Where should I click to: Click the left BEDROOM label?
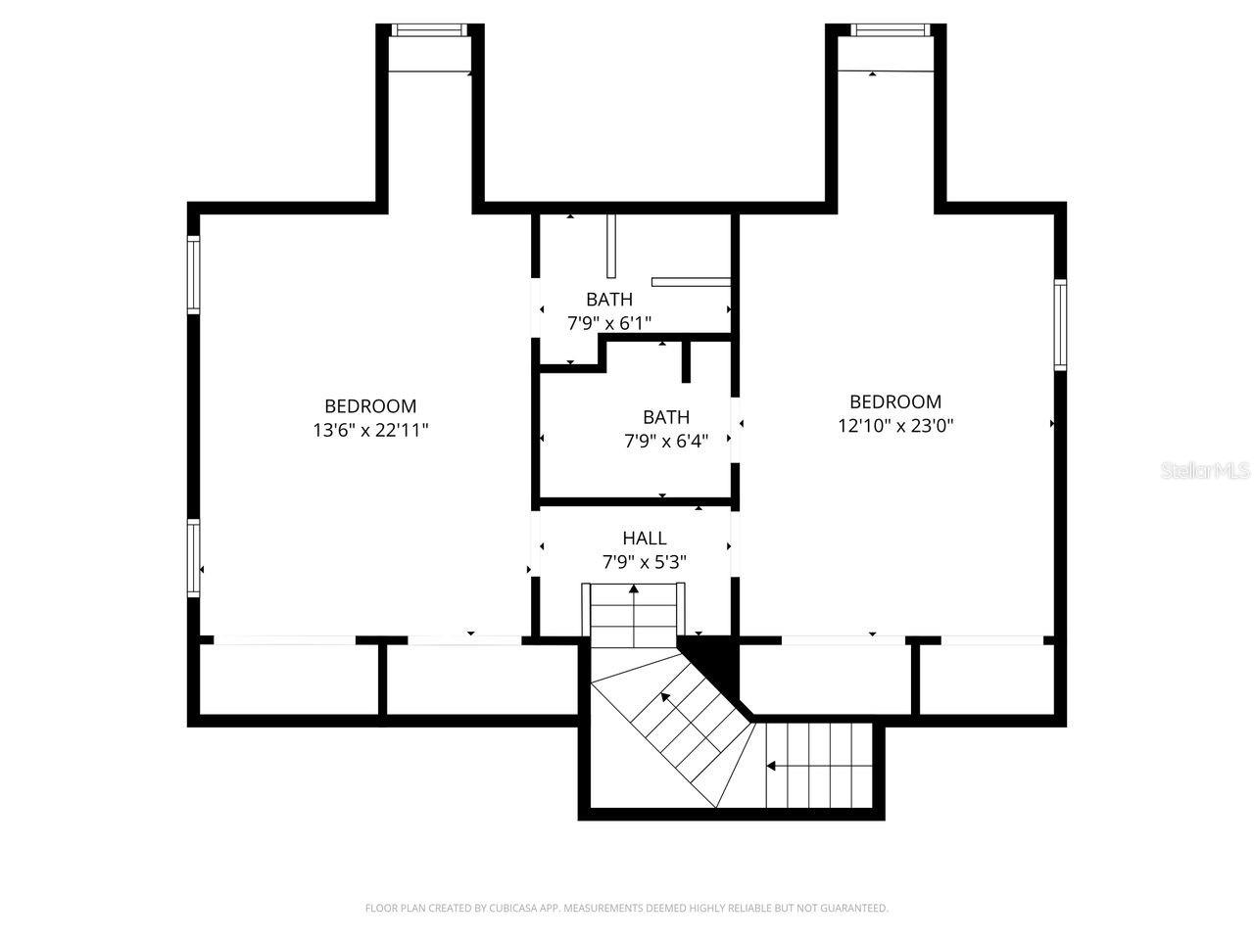coord(370,405)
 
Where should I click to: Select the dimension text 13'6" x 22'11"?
coord(370,430)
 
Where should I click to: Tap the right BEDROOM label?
coord(894,401)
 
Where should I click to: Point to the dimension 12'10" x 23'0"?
coord(894,426)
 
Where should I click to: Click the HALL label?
coord(644,538)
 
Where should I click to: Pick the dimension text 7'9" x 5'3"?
coord(644,562)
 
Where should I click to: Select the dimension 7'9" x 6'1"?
coord(608,322)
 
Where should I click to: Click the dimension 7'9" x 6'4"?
coord(665,442)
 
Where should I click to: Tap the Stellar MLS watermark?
coord(1205,471)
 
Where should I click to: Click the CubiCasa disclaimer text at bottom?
coord(626,909)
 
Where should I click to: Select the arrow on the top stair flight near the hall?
coord(634,590)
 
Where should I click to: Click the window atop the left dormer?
coord(427,30)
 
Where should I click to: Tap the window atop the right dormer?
coord(890,30)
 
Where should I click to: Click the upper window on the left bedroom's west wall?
coord(194,274)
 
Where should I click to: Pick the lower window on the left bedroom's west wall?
coord(194,558)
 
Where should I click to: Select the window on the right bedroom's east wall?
coord(1060,325)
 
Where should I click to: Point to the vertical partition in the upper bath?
coord(610,246)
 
